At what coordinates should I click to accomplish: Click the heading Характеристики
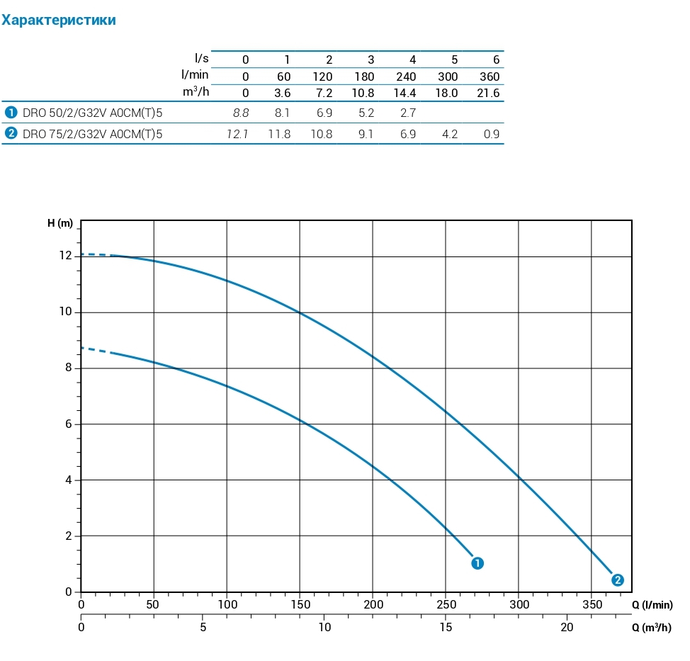(59, 21)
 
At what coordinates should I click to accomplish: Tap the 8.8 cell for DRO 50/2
(241, 113)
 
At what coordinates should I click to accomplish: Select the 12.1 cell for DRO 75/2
(237, 134)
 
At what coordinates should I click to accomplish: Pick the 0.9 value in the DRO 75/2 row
(492, 134)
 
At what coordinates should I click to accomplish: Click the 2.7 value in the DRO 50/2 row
(408, 113)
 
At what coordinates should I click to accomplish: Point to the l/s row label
(201, 58)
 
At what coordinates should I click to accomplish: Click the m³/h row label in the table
(196, 92)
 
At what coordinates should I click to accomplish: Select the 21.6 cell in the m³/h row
(489, 93)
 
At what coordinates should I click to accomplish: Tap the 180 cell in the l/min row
(365, 77)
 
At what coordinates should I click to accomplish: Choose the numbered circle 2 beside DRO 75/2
(11, 133)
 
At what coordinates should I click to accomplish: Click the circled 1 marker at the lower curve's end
(477, 563)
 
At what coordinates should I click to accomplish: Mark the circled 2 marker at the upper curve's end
(618, 580)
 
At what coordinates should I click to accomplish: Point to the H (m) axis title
(60, 224)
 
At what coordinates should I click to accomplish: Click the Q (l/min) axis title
(652, 604)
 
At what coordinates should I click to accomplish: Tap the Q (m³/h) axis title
(652, 627)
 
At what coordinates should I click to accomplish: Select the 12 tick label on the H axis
(66, 256)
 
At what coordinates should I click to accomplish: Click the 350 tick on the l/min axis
(592, 604)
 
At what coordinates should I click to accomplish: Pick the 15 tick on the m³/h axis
(446, 627)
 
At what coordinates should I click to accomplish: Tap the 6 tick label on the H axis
(69, 424)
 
